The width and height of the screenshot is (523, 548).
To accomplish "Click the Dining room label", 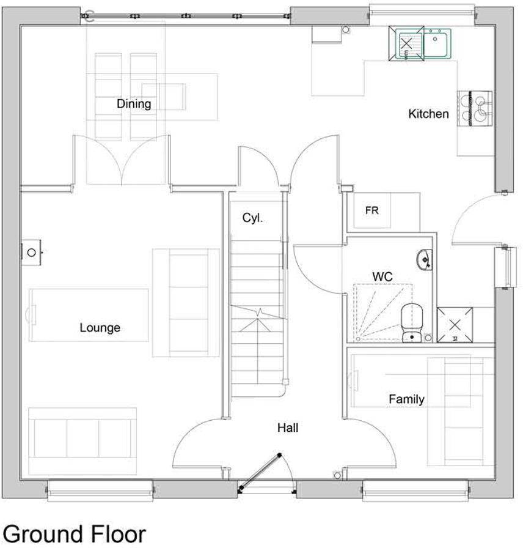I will (x=134, y=104).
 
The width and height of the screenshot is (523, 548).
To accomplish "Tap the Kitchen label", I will (x=428, y=114).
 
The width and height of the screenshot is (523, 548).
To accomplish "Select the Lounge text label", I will (x=100, y=328).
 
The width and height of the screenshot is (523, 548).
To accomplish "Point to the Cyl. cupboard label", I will (x=252, y=218).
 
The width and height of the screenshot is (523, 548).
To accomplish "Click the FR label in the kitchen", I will (x=372, y=210).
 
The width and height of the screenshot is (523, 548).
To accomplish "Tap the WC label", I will (x=382, y=277).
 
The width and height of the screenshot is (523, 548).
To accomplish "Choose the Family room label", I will (x=406, y=399).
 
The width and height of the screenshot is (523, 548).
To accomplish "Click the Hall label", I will (x=288, y=428).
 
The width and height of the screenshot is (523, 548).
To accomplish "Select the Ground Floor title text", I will (x=75, y=533).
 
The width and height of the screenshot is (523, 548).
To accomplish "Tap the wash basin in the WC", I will (x=423, y=260).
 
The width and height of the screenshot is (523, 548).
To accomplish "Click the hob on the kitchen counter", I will (x=475, y=108).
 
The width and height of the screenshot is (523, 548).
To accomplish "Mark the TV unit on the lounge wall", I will (x=32, y=251).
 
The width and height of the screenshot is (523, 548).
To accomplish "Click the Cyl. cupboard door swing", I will (x=257, y=165).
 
